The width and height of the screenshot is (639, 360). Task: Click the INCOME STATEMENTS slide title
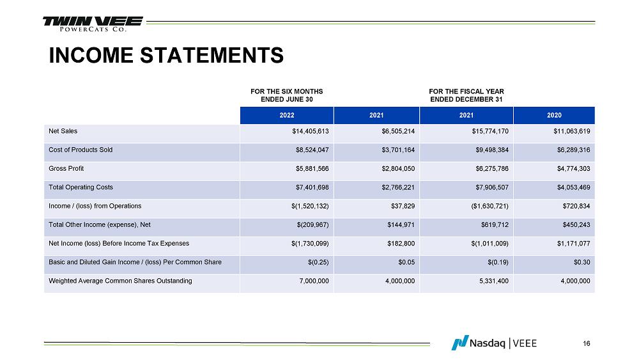[x=167, y=56]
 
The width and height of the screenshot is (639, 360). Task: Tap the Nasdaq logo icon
[x=459, y=343]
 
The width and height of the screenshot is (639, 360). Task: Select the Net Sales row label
[x=63, y=132]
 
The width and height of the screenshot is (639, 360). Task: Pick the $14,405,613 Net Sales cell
[x=307, y=132]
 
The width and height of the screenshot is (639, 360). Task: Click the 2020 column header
[x=554, y=115]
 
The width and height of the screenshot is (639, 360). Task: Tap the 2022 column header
[x=287, y=115]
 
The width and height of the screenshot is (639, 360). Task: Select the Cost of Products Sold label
[x=81, y=150]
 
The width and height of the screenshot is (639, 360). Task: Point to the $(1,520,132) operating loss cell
[x=309, y=207]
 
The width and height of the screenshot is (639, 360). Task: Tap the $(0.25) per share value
[x=318, y=262]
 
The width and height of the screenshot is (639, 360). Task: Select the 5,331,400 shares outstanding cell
[x=492, y=281]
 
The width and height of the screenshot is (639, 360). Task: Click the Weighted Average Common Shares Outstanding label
[x=120, y=281]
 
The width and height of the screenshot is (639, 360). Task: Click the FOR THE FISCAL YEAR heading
[x=466, y=95]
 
